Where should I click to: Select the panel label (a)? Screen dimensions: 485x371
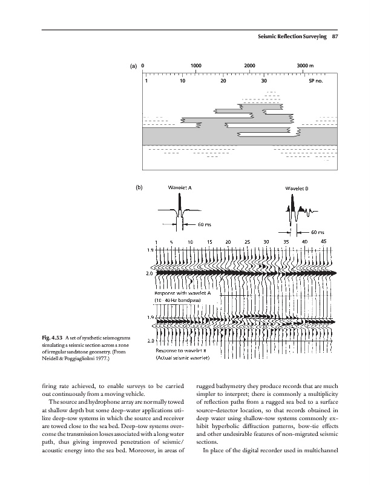coord(134,66)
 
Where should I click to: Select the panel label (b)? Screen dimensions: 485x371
coord(137,188)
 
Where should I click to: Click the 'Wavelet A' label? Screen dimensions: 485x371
coord(180,188)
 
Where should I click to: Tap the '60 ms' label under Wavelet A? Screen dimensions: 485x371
coord(205,225)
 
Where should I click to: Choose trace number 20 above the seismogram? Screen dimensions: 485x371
coord(228,241)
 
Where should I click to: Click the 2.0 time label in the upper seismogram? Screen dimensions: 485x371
coord(149,273)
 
